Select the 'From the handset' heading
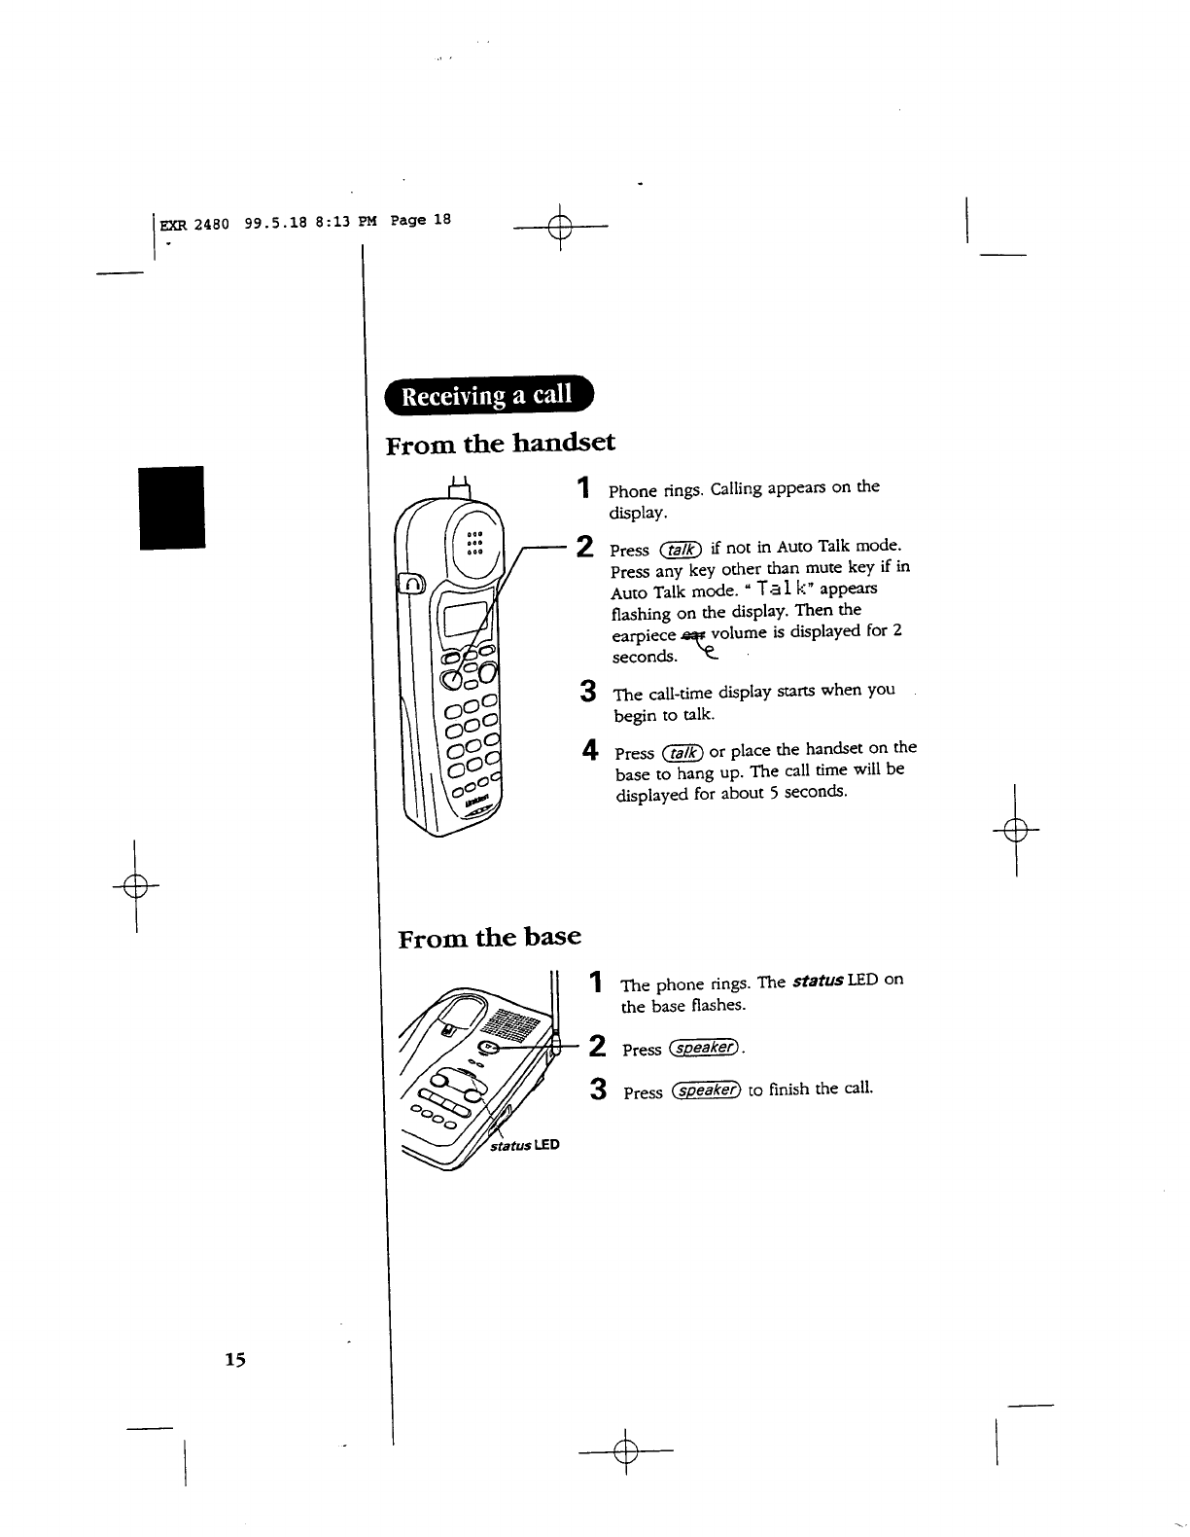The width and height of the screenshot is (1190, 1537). tap(501, 445)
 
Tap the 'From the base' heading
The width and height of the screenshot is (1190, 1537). tap(490, 937)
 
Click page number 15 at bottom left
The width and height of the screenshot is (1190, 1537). tap(236, 1359)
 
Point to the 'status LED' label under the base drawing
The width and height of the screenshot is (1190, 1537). tap(525, 1145)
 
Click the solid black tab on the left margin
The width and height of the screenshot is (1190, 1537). tap(172, 508)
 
